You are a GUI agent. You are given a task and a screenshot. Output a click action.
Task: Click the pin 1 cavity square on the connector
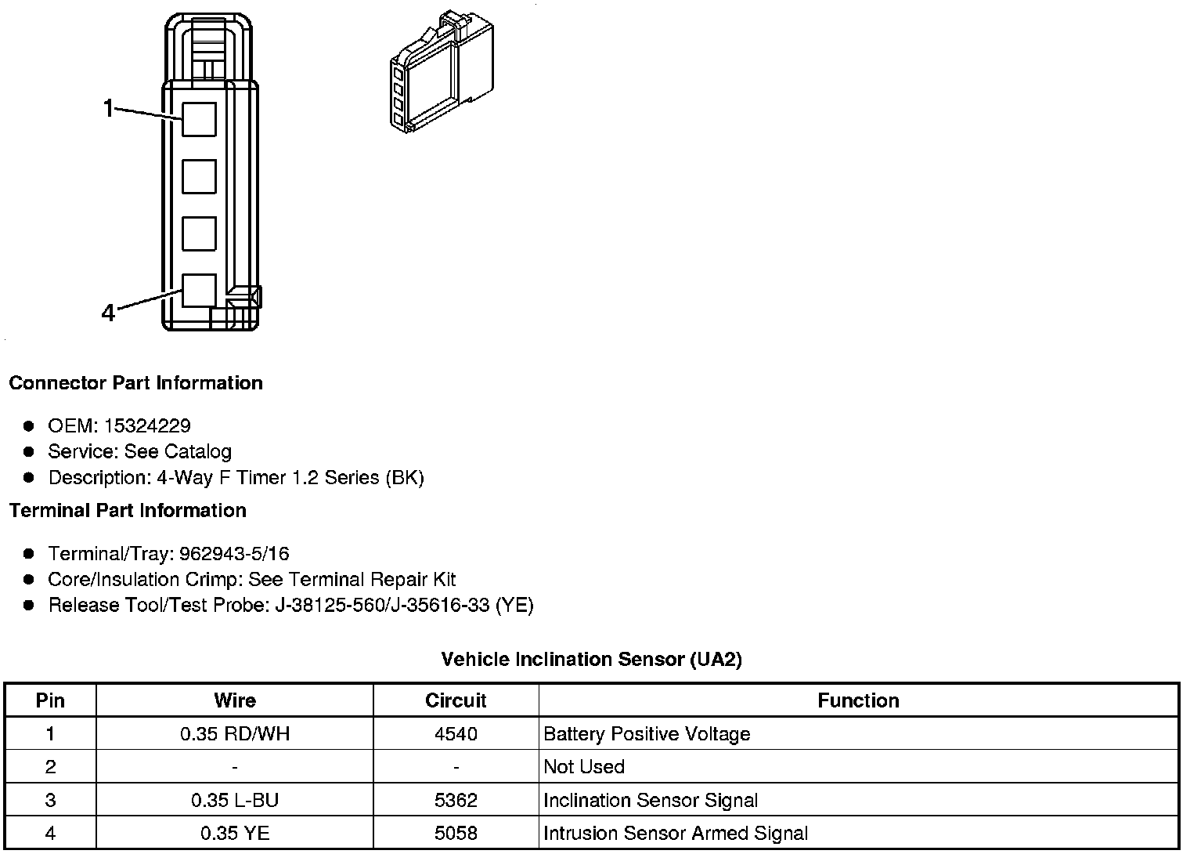199,119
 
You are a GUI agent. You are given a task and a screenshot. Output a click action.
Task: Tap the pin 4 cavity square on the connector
199,290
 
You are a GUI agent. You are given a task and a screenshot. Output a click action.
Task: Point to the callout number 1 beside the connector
110,109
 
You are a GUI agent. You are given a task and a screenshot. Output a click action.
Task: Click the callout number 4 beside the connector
108,313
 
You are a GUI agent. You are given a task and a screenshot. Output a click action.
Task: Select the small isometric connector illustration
441,72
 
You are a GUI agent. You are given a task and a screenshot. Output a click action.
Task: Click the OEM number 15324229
147,425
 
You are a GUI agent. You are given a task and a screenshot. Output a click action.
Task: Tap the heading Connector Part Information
135,383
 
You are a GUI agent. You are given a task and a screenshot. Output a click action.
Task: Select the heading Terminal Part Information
128,511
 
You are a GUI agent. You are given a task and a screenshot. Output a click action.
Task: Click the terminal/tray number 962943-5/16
234,554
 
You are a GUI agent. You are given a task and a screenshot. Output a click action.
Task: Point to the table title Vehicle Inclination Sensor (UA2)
591,659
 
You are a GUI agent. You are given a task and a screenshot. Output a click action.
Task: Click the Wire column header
235,700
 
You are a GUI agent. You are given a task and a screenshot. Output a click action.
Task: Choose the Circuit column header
456,700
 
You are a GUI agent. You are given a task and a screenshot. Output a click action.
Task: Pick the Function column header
858,700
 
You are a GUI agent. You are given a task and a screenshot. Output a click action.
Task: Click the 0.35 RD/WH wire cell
235,734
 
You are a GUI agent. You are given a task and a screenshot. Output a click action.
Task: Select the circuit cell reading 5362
456,800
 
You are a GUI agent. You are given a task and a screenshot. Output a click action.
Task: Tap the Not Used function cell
584,767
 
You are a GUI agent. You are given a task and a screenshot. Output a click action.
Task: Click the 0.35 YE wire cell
235,833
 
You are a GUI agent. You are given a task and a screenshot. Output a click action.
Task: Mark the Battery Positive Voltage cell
647,734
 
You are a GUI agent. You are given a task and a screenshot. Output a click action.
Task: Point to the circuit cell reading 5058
456,833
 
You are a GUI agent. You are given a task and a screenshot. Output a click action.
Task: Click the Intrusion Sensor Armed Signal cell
676,833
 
